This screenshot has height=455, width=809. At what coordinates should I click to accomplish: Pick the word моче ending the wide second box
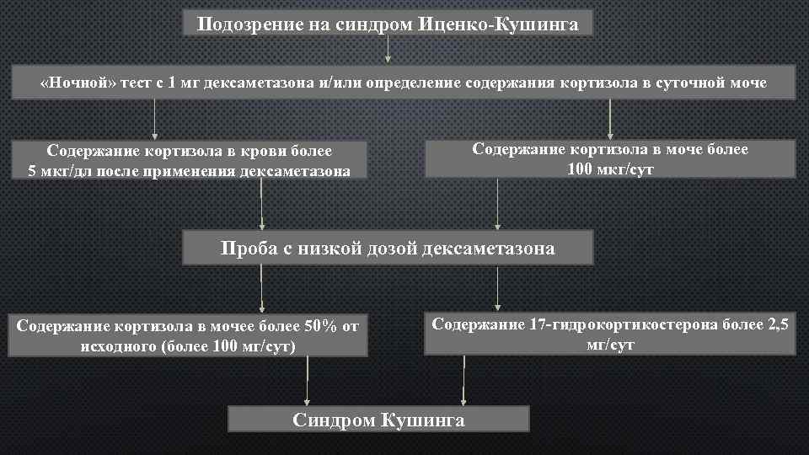click(x=747, y=83)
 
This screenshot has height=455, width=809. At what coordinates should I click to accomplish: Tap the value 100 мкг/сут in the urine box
click(x=611, y=169)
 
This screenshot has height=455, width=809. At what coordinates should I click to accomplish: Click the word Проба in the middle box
click(x=247, y=249)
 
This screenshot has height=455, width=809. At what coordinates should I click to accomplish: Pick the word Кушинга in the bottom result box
click(x=423, y=420)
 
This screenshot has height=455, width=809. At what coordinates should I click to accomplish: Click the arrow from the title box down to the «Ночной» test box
click(x=388, y=50)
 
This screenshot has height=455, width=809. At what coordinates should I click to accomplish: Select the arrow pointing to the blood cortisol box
click(x=155, y=119)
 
